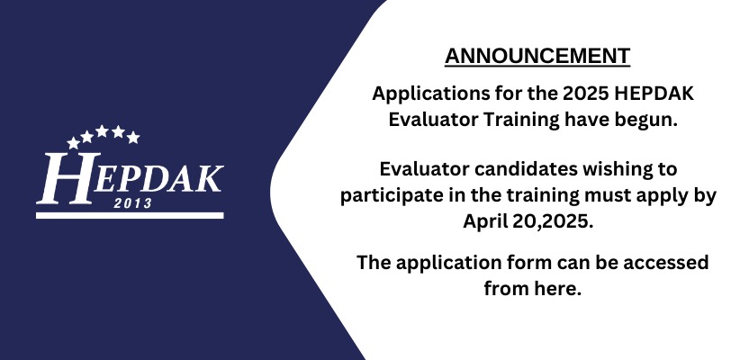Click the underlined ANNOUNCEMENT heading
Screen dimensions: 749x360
coord(537,57)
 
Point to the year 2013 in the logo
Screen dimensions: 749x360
coord(133,203)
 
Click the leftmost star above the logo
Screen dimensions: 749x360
coord(74,142)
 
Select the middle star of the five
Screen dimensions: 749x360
coord(102,131)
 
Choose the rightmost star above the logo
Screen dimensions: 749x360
coord(133,138)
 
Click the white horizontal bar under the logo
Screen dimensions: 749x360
coord(130,216)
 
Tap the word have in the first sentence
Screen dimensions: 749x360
coord(587,121)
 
